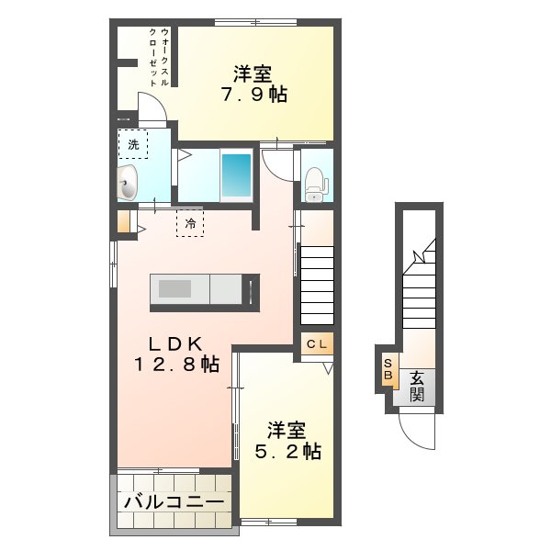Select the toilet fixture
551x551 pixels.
(315, 180)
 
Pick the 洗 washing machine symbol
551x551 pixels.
(133, 144)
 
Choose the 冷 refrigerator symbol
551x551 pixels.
(190, 222)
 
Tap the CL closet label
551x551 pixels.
(317, 344)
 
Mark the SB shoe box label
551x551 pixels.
(388, 369)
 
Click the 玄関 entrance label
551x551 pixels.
(416, 386)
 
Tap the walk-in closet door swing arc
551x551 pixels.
(152, 107)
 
